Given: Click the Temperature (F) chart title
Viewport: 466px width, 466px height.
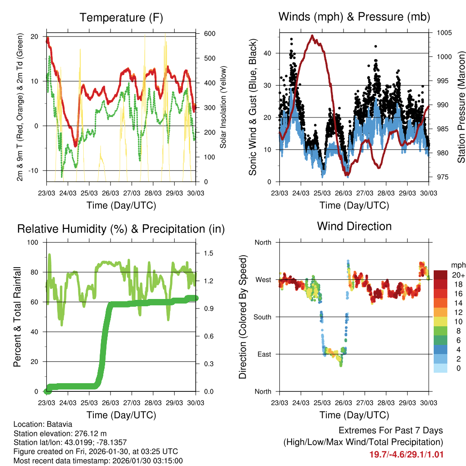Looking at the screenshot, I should pyautogui.click(x=121, y=18).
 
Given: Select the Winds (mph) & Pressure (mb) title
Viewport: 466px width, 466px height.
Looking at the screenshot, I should pyautogui.click(x=354, y=17).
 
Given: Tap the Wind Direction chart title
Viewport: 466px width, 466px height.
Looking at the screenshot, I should pyautogui.click(x=354, y=226).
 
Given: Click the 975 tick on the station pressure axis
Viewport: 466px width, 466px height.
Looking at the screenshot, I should pyautogui.click(x=441, y=177).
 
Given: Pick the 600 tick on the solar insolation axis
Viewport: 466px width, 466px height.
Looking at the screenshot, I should pyautogui.click(x=209, y=34).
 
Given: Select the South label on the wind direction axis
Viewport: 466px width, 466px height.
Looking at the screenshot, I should pyautogui.click(x=263, y=317).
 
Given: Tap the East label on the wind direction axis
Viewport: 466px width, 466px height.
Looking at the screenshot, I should pyautogui.click(x=264, y=355).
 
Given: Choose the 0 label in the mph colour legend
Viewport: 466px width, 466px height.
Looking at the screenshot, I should pyautogui.click(x=458, y=369).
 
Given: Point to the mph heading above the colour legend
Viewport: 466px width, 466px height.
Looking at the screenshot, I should pyautogui.click(x=457, y=265).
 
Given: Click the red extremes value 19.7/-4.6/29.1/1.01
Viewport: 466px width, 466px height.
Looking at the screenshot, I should pyautogui.click(x=406, y=454).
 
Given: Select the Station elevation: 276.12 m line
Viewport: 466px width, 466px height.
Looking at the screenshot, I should pyautogui.click(x=61, y=433).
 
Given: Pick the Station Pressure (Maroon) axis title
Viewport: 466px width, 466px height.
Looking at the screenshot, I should pyautogui.click(x=461, y=106).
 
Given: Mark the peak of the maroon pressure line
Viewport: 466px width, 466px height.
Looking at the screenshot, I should pyautogui.click(x=312, y=35).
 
